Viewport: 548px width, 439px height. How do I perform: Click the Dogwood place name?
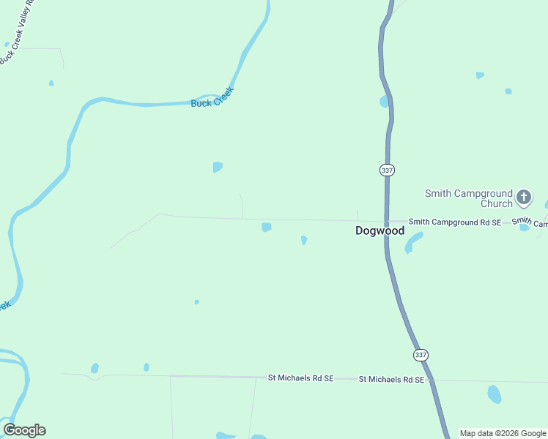point(379,230)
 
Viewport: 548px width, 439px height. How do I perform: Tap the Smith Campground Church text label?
point(469,198)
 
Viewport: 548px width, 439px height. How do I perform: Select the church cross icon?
point(523,197)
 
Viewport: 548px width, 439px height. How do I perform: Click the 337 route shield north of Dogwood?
point(388,170)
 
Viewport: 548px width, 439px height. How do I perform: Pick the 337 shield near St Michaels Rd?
point(420,355)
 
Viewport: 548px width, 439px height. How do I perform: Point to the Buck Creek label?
point(212,98)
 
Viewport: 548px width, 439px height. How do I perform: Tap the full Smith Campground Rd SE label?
point(454,222)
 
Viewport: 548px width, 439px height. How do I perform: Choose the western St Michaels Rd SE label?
point(300,378)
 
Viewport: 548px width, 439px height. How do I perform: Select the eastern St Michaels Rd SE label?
point(391,380)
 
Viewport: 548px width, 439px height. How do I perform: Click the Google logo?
point(24,430)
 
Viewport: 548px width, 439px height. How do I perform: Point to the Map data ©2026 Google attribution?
point(503,433)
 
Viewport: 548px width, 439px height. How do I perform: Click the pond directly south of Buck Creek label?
point(218,167)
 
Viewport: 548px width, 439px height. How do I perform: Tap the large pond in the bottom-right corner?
point(495,394)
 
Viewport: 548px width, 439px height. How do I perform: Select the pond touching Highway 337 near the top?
point(384,102)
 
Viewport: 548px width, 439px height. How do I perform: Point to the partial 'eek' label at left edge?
point(4,306)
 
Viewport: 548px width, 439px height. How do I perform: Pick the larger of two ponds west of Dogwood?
point(267,227)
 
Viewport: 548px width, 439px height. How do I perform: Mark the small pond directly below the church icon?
point(525,228)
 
